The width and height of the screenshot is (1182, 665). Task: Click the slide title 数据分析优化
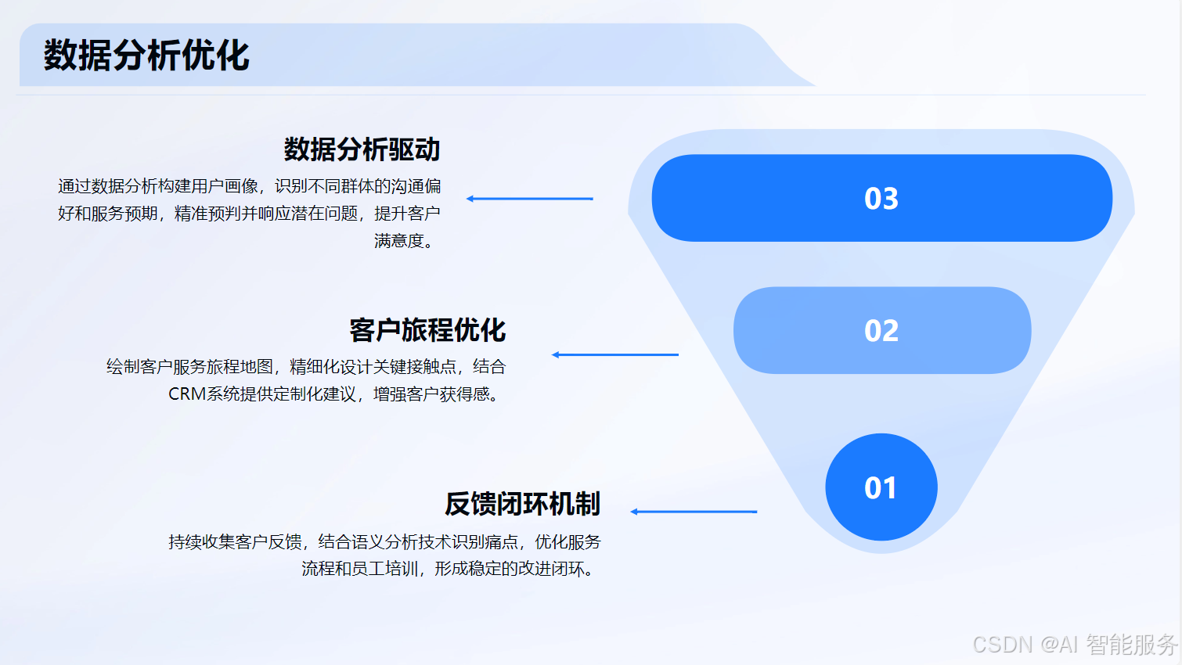click(146, 56)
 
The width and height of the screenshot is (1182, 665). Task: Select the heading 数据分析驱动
click(362, 149)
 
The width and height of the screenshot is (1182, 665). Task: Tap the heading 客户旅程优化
click(427, 330)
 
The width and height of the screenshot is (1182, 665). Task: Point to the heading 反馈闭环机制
click(522, 504)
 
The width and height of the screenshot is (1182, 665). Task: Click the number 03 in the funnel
click(881, 199)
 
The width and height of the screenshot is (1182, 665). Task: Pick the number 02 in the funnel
click(881, 331)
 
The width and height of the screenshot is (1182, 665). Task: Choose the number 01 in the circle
click(881, 488)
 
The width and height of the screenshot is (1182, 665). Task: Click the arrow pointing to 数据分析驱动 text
click(530, 199)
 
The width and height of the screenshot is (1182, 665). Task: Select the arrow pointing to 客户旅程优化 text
click(615, 354)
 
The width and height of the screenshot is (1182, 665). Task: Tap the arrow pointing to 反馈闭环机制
click(694, 512)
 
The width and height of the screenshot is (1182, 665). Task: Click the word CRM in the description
click(187, 394)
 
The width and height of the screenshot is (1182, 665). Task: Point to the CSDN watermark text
click(1003, 645)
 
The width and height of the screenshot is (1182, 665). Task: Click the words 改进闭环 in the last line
click(550, 569)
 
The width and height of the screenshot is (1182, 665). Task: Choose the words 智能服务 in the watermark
click(1131, 645)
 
